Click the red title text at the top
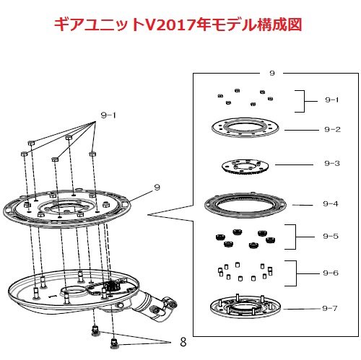point(178,25)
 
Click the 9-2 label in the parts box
point(332,130)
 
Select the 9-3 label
point(332,164)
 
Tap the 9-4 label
point(331,204)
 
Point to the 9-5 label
point(331,236)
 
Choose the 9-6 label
point(331,273)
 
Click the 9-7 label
point(330,308)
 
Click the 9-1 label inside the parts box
point(332,100)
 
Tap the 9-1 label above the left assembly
point(108,115)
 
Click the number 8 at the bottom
point(183,342)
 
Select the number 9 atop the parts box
point(272,73)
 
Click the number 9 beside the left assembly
point(157,187)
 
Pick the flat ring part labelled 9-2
point(245,128)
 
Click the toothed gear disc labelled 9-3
point(245,167)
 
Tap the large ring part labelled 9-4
point(245,205)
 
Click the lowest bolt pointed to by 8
point(113,343)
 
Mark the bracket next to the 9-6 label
point(296,273)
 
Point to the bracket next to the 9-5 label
point(295,237)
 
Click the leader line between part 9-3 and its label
point(294,164)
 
